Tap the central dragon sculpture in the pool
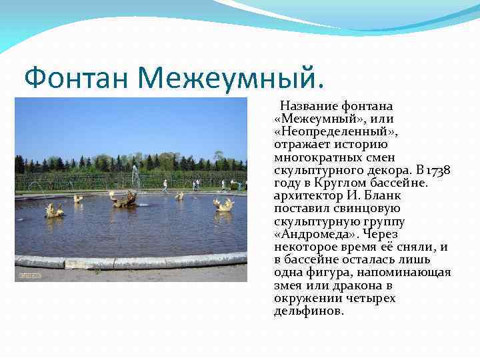click(x=124, y=199)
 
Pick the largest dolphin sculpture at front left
click(x=54, y=211)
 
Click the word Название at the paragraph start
click(x=309, y=106)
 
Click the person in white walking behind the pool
click(x=165, y=185)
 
